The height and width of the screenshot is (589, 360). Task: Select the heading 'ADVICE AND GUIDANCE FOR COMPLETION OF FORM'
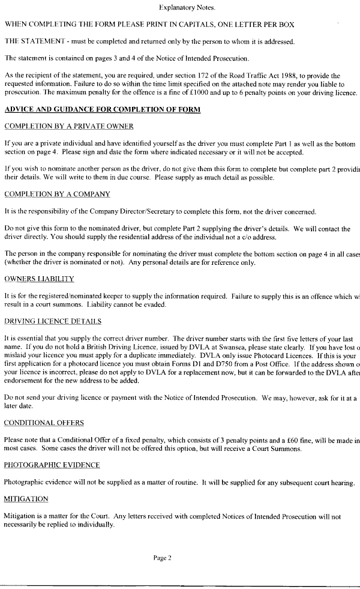[102, 110]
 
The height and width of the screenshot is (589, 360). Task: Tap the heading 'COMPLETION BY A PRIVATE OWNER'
[68, 126]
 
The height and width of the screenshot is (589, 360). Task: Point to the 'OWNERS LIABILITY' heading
[39, 279]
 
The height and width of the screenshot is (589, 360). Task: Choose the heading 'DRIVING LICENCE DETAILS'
[53, 321]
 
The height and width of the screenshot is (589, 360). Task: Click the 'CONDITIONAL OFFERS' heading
[44, 423]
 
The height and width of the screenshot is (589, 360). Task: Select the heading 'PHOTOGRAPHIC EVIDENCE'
[52, 465]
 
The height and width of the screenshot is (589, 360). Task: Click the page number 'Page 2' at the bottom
[163, 558]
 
